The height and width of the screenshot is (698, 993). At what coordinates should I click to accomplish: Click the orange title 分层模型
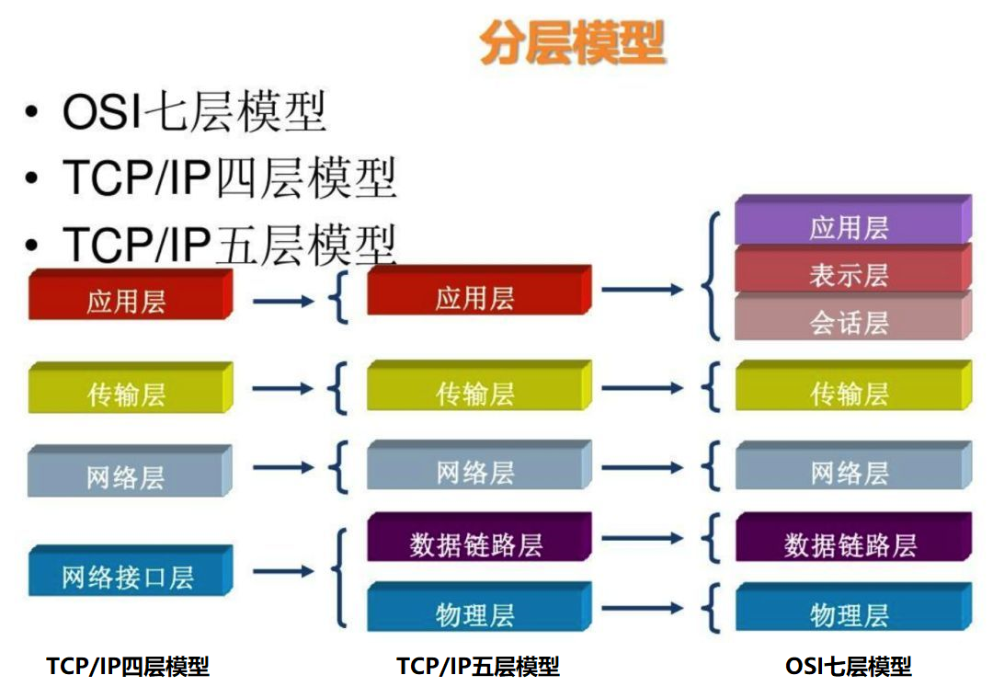click(572, 44)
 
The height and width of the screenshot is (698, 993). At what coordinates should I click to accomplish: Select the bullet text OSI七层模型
click(194, 112)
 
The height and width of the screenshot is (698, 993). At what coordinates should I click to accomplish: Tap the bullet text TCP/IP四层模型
click(229, 177)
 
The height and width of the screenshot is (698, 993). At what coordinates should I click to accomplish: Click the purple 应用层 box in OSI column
click(850, 225)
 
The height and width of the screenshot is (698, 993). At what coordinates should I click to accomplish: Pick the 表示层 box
click(850, 274)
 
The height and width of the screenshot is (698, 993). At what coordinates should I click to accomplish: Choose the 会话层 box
click(850, 321)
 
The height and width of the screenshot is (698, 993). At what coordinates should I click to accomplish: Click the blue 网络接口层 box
click(128, 576)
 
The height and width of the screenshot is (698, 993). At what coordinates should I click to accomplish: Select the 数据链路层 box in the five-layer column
click(476, 544)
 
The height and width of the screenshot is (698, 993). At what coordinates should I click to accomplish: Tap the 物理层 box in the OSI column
click(850, 613)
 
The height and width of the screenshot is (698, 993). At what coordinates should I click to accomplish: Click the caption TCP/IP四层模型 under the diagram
click(128, 666)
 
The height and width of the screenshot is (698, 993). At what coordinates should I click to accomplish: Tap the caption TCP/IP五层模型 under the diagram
click(478, 666)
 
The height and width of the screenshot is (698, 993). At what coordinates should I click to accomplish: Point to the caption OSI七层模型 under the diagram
click(848, 666)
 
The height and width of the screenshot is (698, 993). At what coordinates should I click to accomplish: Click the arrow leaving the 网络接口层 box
click(282, 572)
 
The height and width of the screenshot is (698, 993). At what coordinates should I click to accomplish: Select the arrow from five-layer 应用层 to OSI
click(642, 290)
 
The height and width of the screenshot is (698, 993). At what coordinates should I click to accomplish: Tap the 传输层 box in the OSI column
click(850, 393)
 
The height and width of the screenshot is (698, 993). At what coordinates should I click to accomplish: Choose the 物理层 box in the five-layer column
click(476, 613)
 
